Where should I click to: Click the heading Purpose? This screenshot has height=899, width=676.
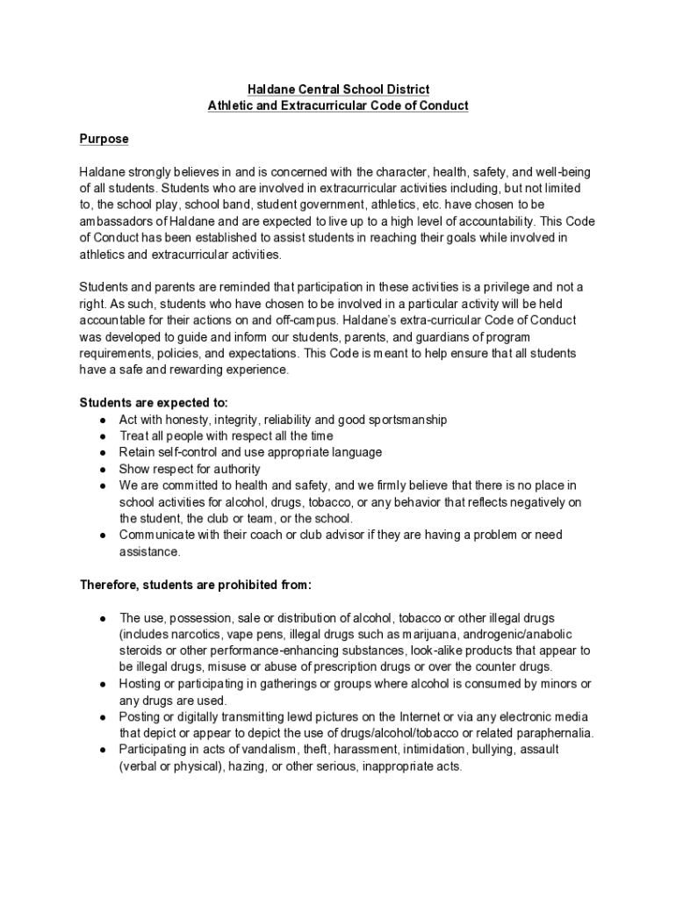pyautogui.click(x=104, y=139)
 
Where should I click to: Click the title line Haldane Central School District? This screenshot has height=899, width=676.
pyautogui.click(x=338, y=90)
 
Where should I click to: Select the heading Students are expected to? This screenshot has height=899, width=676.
pyautogui.click(x=154, y=403)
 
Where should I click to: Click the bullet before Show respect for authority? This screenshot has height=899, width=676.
pyautogui.click(x=103, y=470)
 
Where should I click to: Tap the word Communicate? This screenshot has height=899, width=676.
pyautogui.click(x=155, y=535)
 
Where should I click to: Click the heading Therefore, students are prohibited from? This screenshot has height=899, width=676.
pyautogui.click(x=196, y=585)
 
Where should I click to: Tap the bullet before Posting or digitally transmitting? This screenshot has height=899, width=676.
pyautogui.click(x=103, y=717)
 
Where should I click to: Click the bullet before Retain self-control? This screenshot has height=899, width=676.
pyautogui.click(x=103, y=453)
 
